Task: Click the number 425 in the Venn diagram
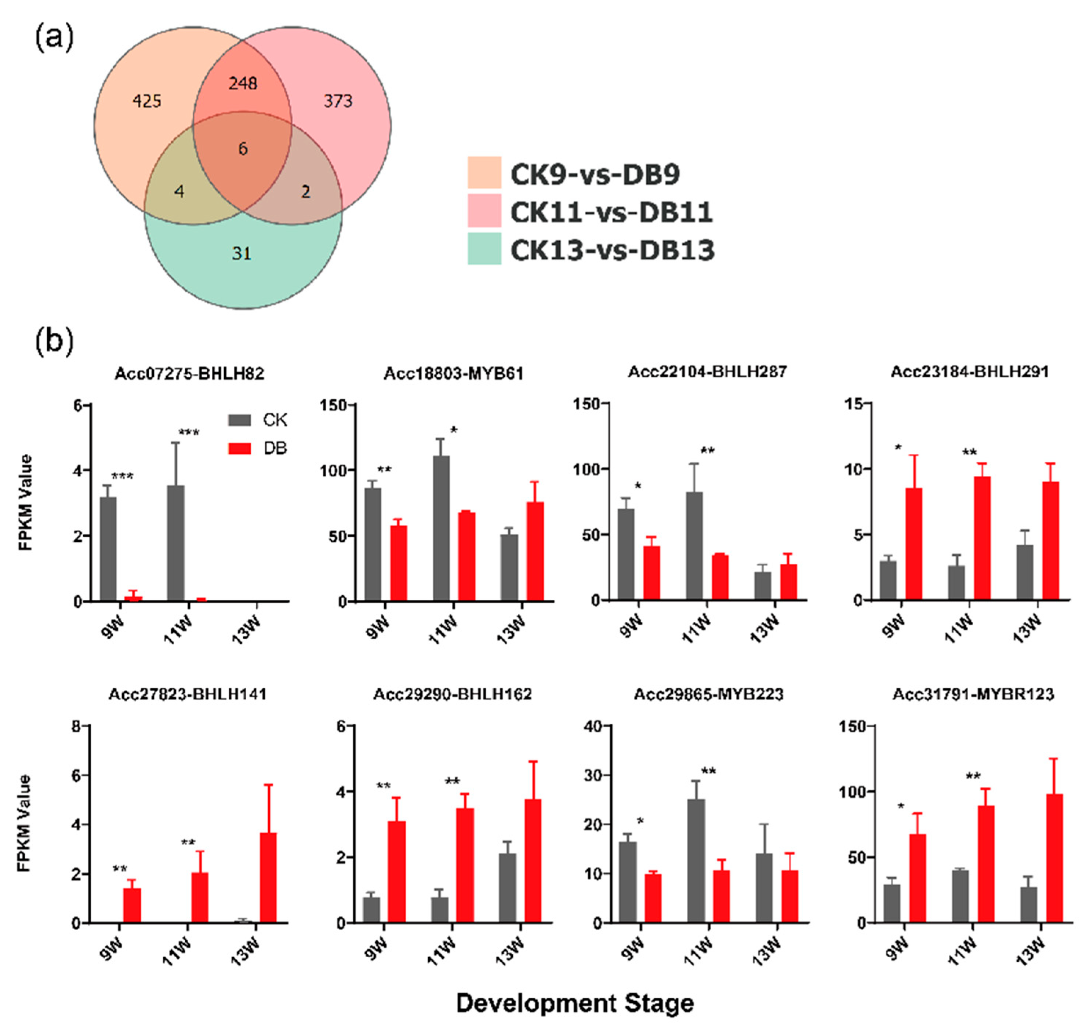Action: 147,102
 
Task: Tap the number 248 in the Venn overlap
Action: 243,84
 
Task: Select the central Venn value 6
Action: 243,149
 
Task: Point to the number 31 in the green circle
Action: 241,253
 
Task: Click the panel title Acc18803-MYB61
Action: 453,374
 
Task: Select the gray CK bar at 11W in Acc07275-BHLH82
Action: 175,543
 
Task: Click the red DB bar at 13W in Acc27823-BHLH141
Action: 268,878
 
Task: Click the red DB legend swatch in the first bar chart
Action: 239,449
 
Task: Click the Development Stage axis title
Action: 575,1003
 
